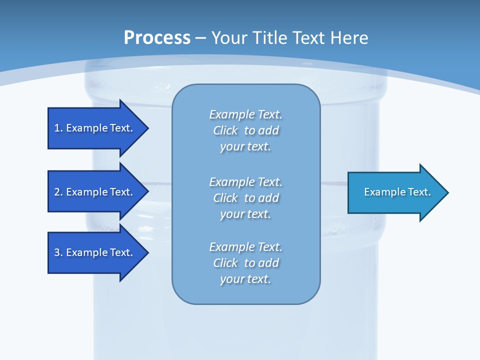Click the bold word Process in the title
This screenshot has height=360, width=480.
(x=157, y=38)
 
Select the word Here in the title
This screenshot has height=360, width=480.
(x=349, y=37)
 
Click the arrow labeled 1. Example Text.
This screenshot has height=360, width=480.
(x=98, y=128)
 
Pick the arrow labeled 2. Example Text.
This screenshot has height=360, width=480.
(x=98, y=191)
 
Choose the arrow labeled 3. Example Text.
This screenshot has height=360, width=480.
(x=98, y=252)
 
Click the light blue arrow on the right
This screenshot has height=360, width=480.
(x=398, y=192)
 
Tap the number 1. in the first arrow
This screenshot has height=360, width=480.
(x=58, y=128)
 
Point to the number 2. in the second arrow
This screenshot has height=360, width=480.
(x=58, y=192)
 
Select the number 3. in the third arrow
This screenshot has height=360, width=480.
(x=58, y=252)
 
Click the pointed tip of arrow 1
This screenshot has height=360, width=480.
(x=148, y=128)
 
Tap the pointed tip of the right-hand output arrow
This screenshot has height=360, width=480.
(x=448, y=192)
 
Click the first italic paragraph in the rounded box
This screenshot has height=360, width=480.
(x=246, y=130)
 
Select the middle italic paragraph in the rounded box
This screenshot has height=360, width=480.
(x=246, y=198)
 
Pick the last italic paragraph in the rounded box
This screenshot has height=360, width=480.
(x=246, y=263)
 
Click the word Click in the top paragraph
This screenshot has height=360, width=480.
(x=225, y=130)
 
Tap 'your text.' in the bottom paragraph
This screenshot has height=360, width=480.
(x=245, y=279)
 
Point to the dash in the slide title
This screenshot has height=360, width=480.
(x=201, y=38)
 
